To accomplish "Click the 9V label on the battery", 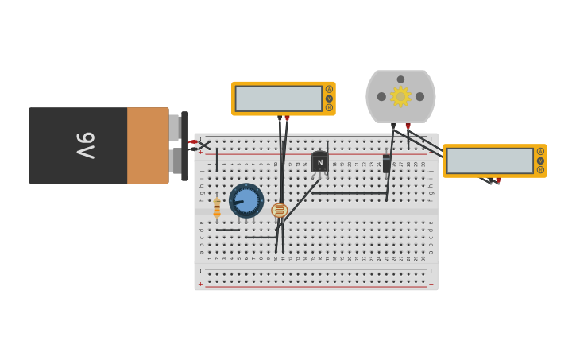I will pyautogui.click(x=85, y=145).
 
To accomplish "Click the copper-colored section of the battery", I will pyautogui.click(x=148, y=145).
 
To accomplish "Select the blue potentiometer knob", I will pyautogui.click(x=246, y=200).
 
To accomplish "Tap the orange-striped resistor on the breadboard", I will pyautogui.click(x=217, y=207).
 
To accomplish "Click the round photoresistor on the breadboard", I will pyautogui.click(x=279, y=211).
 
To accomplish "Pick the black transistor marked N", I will pyautogui.click(x=319, y=161).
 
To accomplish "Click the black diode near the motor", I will pyautogui.click(x=387, y=164).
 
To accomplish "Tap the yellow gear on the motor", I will pyautogui.click(x=400, y=96).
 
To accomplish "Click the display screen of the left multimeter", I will pyautogui.click(x=278, y=99).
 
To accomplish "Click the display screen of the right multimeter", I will pyautogui.click(x=489, y=161).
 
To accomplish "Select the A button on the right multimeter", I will pyautogui.click(x=540, y=151).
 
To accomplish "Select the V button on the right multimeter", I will pyautogui.click(x=540, y=161).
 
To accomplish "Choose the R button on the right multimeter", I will pyautogui.click(x=540, y=170).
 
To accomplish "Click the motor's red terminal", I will pyautogui.click(x=408, y=126).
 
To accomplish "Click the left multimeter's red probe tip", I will pyautogui.click(x=287, y=118).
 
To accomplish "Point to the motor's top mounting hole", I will pyautogui.click(x=400, y=79).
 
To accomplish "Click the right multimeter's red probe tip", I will pyautogui.click(x=498, y=180).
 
